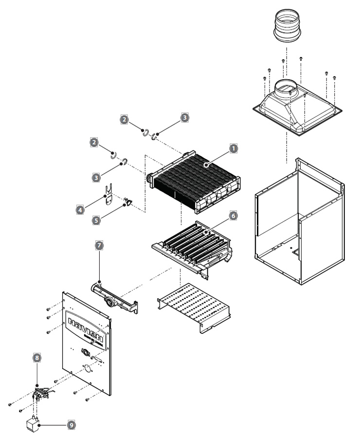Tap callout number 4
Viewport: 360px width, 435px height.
tap(79, 210)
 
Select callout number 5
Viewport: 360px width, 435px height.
tap(96, 219)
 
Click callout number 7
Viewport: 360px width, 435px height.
tap(99, 246)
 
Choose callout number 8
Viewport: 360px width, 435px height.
tap(36, 357)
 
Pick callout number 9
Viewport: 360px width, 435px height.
tap(71, 425)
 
